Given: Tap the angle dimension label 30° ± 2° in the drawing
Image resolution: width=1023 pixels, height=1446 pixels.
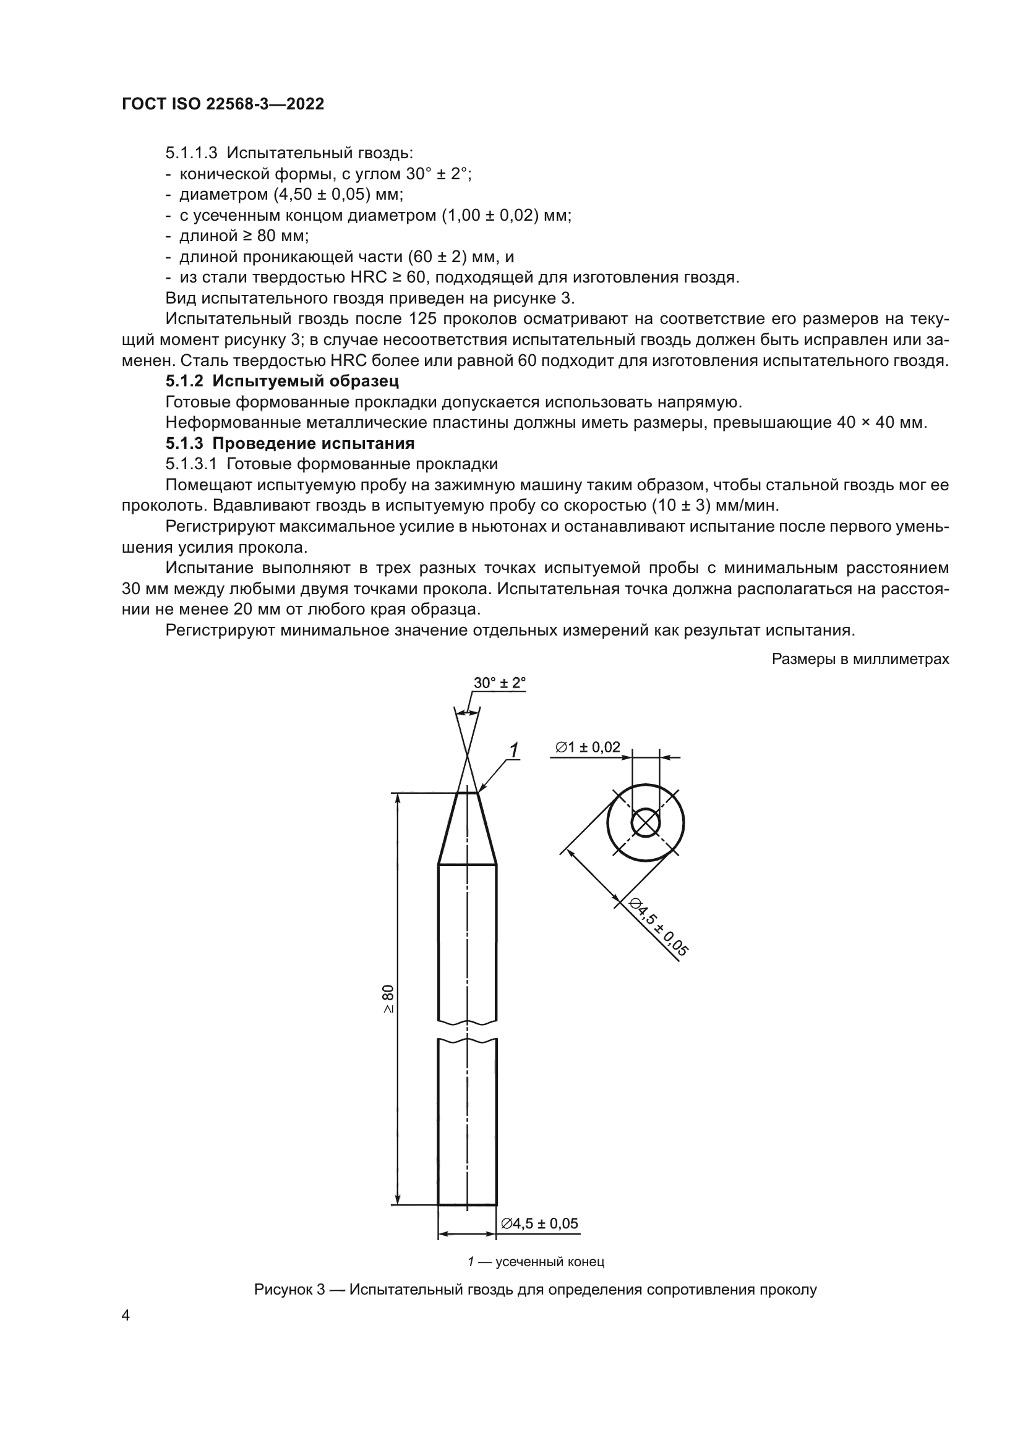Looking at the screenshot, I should [x=500, y=683].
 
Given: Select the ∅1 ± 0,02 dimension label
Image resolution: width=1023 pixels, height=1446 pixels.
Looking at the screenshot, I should [x=588, y=747].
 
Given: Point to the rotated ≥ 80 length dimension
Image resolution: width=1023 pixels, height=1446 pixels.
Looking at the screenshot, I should [x=387, y=999].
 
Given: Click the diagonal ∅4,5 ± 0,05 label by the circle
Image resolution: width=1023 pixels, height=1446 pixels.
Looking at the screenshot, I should [x=659, y=926].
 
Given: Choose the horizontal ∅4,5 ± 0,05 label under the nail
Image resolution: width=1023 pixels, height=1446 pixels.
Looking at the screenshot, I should [x=539, y=1223].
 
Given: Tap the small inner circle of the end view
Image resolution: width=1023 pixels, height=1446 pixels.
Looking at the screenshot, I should [x=645, y=822].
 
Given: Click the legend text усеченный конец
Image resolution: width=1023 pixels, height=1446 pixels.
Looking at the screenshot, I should [x=550, y=1262].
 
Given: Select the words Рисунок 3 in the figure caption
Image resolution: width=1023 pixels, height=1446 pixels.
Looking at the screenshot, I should [x=289, y=1289].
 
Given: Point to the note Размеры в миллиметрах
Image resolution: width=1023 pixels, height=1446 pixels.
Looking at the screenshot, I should [x=860, y=660].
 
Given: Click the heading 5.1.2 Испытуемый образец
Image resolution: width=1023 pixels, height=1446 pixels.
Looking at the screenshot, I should [x=282, y=381].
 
